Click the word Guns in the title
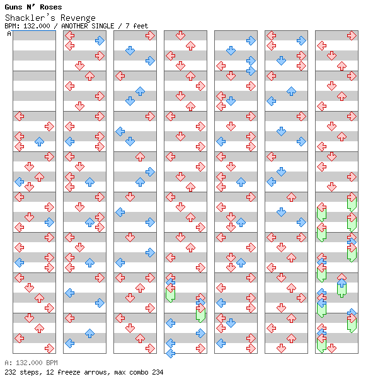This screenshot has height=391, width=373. [13, 7]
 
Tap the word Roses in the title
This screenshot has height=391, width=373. [51, 7]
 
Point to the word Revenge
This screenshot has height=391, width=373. [78, 18]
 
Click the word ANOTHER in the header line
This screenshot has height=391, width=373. [74, 26]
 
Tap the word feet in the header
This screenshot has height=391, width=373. [141, 26]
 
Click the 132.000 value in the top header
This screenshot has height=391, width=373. [37, 26]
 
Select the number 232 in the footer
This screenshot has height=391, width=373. [10, 372]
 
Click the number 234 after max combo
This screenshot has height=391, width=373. [158, 372]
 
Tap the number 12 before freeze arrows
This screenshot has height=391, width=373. [50, 372]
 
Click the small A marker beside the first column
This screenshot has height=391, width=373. [9, 33]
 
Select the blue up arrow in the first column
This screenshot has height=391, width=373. [39, 142]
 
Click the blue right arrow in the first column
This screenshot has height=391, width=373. [49, 222]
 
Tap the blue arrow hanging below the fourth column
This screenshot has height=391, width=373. [170, 353]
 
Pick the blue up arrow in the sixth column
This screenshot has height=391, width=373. [291, 91]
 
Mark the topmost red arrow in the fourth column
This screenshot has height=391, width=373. [180, 36]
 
